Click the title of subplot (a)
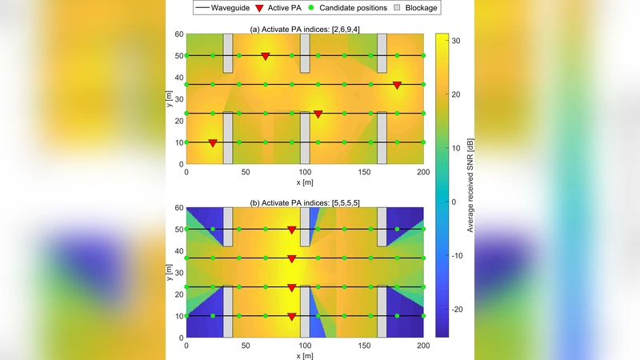305,30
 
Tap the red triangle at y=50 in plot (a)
266,56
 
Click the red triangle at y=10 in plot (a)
213,143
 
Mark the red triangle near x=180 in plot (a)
397,85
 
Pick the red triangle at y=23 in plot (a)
318,114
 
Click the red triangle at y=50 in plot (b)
292,230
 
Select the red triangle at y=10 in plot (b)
292,317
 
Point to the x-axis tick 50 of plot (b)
246,346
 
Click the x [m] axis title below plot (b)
305,354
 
